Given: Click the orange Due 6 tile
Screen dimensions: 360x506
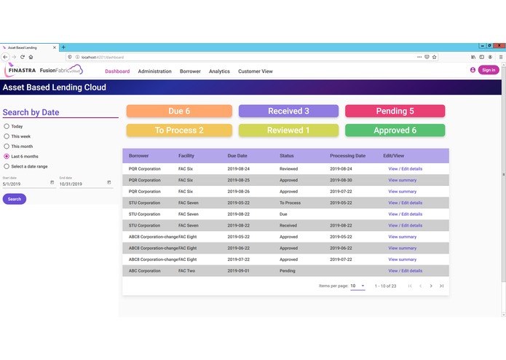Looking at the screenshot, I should pyautogui.click(x=179, y=111).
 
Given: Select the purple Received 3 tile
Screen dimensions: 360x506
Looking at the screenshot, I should pyautogui.click(x=288, y=111).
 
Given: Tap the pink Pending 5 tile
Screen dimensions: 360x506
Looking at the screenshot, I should pyautogui.click(x=395, y=111).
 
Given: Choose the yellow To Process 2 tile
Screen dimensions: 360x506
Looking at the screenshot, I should pyautogui.click(x=179, y=130).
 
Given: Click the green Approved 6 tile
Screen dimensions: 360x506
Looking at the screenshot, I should pyautogui.click(x=395, y=130).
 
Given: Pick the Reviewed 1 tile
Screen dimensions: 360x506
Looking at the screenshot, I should pyautogui.click(x=288, y=130).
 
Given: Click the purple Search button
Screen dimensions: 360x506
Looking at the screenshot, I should pyautogui.click(x=15, y=199).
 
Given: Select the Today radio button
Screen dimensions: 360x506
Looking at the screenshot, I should pyautogui.click(x=7, y=126).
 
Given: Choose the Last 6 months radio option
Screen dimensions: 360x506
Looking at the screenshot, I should pyautogui.click(x=7, y=157).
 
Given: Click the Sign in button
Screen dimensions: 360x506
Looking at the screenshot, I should pyautogui.click(x=488, y=70).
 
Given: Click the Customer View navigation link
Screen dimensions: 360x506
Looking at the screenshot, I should pyautogui.click(x=255, y=71).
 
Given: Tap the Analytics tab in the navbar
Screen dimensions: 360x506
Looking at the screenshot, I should pyautogui.click(x=219, y=71).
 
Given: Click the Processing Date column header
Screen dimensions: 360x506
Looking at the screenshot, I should pyautogui.click(x=347, y=156).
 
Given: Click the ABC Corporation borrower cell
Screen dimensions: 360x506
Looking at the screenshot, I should pyautogui.click(x=145, y=271).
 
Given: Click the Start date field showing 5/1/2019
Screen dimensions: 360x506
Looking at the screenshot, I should pyautogui.click(x=25, y=183).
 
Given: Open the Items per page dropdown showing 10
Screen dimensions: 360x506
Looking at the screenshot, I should pyautogui.click(x=357, y=286).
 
